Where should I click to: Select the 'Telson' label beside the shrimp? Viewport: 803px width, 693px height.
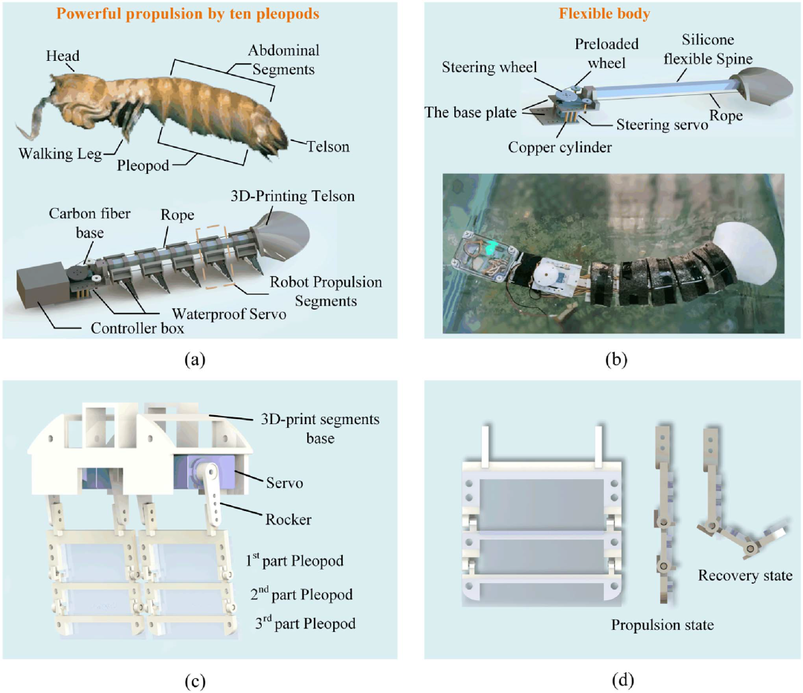327,147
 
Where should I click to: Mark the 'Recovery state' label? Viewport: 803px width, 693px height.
745,575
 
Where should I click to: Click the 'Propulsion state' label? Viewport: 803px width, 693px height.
662,625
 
